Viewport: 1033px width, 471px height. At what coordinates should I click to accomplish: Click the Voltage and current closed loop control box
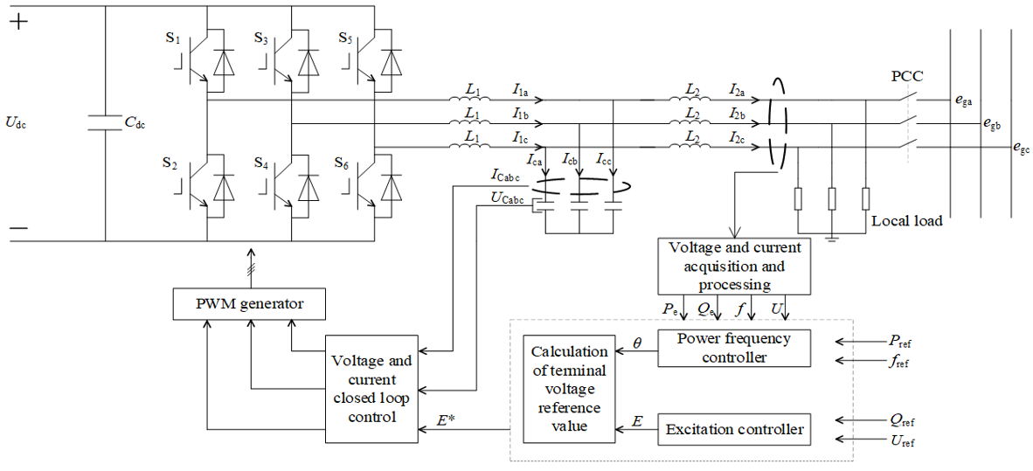[372, 389]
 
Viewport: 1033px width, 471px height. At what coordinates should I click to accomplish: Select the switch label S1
[173, 38]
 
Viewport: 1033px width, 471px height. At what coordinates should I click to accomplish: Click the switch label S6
[341, 162]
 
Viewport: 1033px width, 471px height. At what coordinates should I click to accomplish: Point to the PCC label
[907, 76]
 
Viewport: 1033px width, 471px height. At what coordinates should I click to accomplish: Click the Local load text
[906, 221]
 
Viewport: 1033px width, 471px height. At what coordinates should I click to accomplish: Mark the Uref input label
[900, 440]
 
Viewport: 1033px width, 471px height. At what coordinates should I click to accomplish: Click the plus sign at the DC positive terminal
[18, 22]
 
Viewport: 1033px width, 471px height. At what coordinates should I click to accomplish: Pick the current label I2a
[739, 87]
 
